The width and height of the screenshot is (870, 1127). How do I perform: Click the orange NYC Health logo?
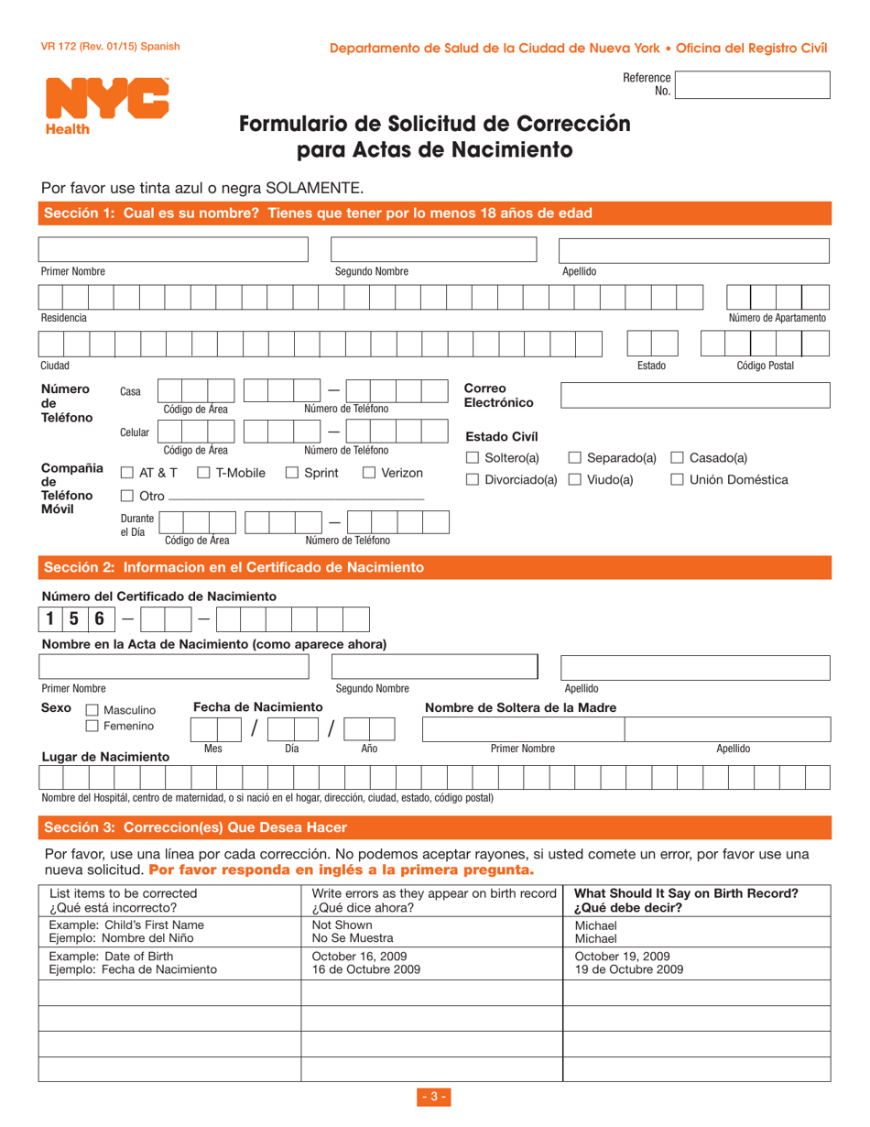click(x=106, y=104)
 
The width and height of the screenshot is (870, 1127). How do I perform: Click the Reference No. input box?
click(x=753, y=85)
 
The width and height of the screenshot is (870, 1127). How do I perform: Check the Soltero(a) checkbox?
click(x=473, y=458)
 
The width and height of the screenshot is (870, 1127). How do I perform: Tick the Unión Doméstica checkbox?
click(x=678, y=480)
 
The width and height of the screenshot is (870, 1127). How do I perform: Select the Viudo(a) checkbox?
click(x=575, y=480)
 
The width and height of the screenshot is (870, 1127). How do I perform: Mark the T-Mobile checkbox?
click(x=204, y=474)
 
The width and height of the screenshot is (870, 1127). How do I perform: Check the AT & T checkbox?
click(x=127, y=474)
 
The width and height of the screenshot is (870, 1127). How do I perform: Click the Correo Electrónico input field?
click(x=694, y=396)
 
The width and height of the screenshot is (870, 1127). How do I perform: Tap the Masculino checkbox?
click(x=92, y=711)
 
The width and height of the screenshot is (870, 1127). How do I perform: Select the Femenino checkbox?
click(x=92, y=727)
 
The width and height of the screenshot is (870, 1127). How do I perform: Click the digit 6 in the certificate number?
click(x=99, y=619)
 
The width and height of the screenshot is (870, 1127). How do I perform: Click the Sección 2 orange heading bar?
click(x=434, y=567)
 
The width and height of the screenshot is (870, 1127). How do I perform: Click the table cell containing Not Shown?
click(x=430, y=932)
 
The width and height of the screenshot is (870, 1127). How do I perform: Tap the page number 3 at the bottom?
click(x=434, y=1098)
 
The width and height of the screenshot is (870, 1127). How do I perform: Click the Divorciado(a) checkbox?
click(x=473, y=480)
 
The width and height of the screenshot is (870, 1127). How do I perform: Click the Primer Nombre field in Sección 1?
click(x=173, y=250)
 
